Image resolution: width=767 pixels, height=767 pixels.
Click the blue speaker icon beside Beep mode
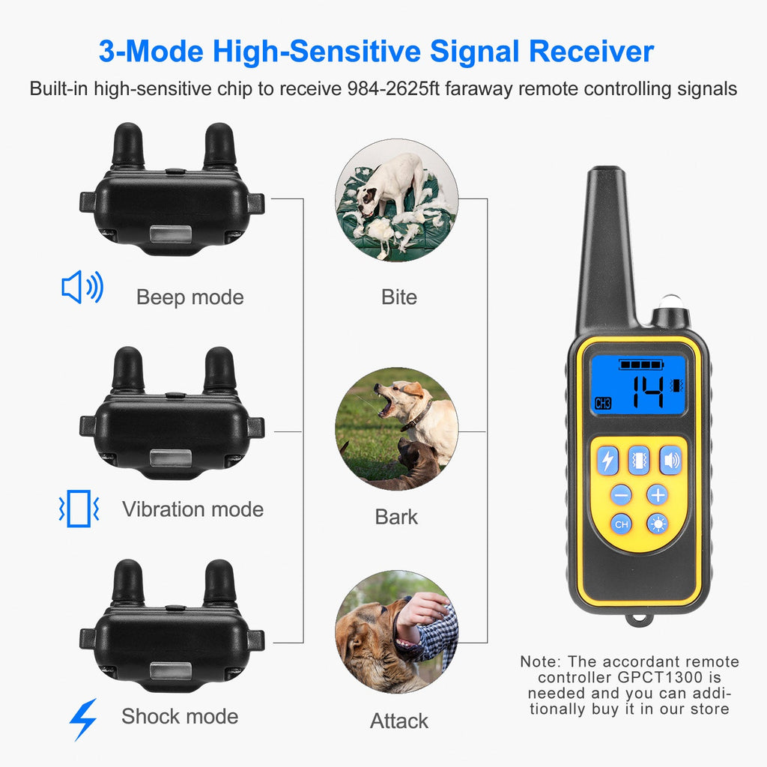pyautogui.click(x=82, y=288)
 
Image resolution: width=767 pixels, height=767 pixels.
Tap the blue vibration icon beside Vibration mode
pyautogui.click(x=78, y=509)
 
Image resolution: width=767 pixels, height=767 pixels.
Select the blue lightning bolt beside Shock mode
pyautogui.click(x=82, y=719)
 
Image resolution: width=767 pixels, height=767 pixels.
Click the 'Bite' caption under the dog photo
pyautogui.click(x=398, y=297)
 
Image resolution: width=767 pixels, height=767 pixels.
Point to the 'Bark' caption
pyautogui.click(x=396, y=517)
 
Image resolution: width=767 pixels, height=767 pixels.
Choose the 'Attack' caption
pyautogui.click(x=399, y=721)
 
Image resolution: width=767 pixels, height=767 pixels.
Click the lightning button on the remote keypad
pyautogui.click(x=607, y=461)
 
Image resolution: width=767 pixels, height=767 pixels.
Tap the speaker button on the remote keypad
pyautogui.click(x=670, y=461)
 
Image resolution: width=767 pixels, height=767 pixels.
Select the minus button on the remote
pyautogui.click(x=621, y=495)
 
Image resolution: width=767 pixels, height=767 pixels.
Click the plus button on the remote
pyautogui.click(x=657, y=495)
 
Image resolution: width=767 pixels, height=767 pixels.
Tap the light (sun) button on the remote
pyautogui.click(x=658, y=524)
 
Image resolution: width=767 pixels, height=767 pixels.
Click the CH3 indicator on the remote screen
pyautogui.click(x=603, y=404)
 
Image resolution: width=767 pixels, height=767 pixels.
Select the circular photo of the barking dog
pyautogui.click(x=396, y=428)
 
